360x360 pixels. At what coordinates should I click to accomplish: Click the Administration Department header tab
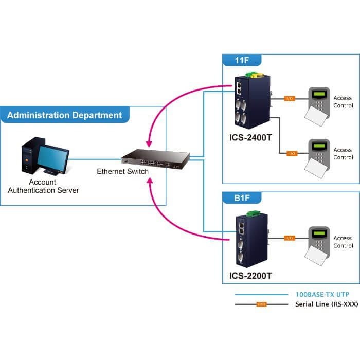pos(65,115)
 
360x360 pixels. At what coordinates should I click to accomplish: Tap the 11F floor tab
pos(242,60)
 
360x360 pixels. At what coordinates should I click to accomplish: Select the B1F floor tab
pos(242,197)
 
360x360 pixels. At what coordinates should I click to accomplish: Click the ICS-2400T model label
pos(250,137)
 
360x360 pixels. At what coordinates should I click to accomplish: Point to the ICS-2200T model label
pos(250,276)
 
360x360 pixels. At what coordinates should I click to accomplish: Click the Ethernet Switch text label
pos(122,171)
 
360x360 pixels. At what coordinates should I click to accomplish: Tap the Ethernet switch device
pos(155,159)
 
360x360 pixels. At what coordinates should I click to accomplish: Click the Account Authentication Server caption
pos(43,186)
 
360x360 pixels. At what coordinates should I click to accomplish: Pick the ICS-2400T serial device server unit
pos(253,101)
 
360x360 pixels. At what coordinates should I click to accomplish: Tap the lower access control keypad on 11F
pos(317,158)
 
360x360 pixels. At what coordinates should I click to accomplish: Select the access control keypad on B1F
pos(317,246)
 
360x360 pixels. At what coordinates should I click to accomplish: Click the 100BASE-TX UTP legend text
pos(322,294)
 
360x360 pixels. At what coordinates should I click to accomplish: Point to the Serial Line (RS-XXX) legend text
pos(327,304)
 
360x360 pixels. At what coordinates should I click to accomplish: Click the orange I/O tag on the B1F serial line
pos(290,238)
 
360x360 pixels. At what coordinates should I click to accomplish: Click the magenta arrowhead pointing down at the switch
pos(149,143)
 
